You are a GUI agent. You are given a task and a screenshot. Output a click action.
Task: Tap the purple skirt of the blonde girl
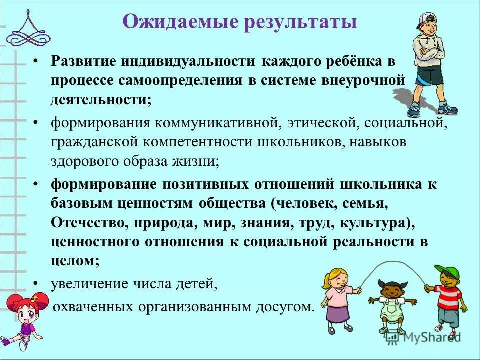click(339, 313)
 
